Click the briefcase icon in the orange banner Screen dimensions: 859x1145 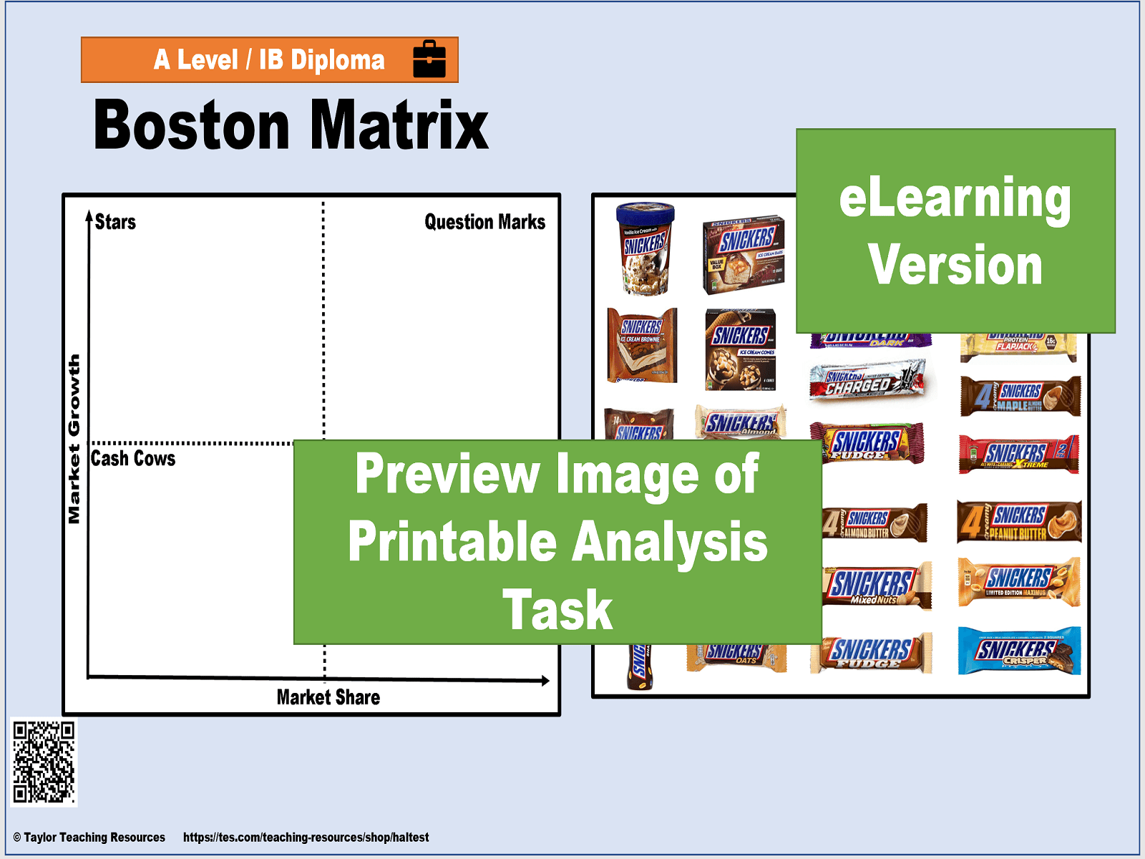click(x=429, y=59)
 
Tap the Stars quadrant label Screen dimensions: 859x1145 click(x=115, y=222)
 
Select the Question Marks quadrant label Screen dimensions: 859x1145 click(x=484, y=222)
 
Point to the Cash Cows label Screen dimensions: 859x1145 click(x=133, y=458)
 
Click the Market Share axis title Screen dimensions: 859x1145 click(x=328, y=697)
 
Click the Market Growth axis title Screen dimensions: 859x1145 click(x=74, y=440)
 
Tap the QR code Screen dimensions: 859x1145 click(x=44, y=762)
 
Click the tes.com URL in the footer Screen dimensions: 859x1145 click(x=306, y=837)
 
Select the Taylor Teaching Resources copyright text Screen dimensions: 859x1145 click(x=89, y=837)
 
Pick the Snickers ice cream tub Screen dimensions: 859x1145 click(x=645, y=249)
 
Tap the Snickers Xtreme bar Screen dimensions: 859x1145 click(x=1018, y=454)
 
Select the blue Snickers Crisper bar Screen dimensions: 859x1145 click(x=1018, y=651)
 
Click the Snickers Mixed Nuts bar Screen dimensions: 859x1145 click(x=877, y=586)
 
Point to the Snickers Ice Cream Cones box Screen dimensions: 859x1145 click(x=741, y=349)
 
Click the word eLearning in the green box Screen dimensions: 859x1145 click(x=955, y=198)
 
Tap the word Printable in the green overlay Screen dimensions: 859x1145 click(x=452, y=541)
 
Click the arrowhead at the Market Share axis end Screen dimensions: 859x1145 click(x=545, y=681)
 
